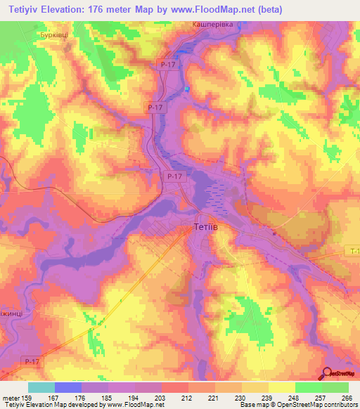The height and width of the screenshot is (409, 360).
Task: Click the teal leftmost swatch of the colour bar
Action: point(41,387)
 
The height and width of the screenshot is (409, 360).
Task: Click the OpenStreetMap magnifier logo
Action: point(329,374)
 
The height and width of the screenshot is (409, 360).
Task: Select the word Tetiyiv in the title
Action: point(29,9)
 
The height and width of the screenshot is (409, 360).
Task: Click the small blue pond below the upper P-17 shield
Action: point(188,89)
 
